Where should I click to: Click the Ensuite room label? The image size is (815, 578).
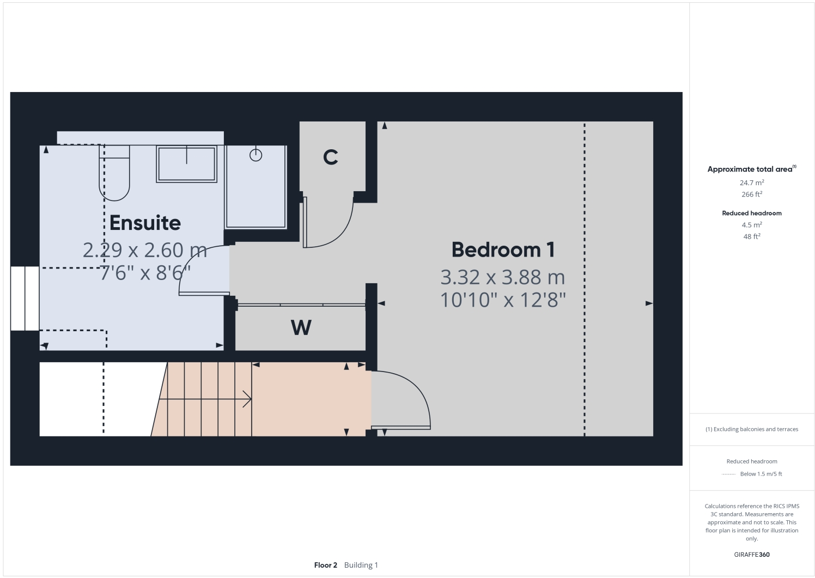pos(145,223)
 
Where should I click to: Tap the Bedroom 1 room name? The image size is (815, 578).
pos(502,250)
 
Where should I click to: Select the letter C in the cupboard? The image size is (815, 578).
pos(331,157)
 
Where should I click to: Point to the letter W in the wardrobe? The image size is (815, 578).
pos(301,327)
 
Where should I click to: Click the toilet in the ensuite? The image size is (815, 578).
pos(114,173)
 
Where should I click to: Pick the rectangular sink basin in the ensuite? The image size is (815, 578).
pos(186,163)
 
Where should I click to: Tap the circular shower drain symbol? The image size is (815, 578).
pos(256,155)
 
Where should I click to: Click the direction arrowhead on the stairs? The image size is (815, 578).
pos(248,399)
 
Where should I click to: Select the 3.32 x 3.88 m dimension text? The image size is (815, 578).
pos(502,277)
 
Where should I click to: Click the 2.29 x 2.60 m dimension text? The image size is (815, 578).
pos(145,250)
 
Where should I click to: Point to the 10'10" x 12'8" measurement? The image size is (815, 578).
pos(502,300)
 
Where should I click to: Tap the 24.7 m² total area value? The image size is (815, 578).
pos(751,183)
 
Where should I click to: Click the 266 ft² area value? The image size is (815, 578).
pos(751,194)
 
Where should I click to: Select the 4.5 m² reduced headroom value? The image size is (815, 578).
pos(751,225)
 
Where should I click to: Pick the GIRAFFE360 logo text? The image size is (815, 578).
pos(751,555)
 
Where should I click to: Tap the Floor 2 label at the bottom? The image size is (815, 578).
pos(325,565)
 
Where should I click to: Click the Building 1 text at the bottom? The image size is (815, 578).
pos(361,565)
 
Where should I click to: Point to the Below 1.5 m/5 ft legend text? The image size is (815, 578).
pos(761,474)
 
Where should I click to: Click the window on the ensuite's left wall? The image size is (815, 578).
pos(25,299)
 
